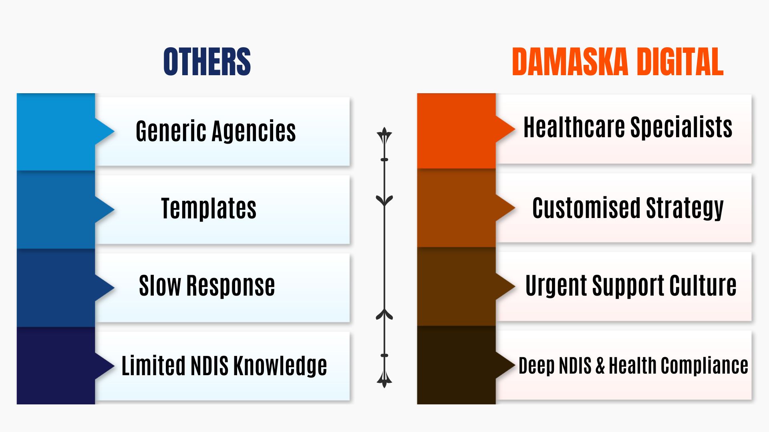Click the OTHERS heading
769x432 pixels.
point(207,62)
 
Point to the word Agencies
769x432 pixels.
point(254,131)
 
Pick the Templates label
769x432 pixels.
point(209,208)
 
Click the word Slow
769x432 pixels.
point(160,286)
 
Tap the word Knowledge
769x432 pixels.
point(280,366)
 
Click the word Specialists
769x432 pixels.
point(682,128)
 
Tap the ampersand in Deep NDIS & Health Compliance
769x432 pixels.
point(600,366)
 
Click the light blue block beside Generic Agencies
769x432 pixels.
point(56,132)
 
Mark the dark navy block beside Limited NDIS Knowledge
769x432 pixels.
point(56,366)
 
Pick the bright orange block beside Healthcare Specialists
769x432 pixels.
point(457,131)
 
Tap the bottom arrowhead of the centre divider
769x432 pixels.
point(384,380)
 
